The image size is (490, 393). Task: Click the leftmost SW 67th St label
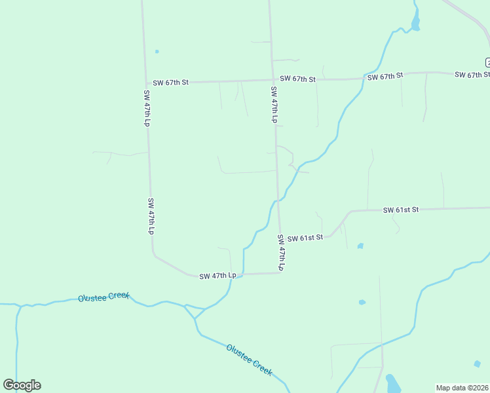[x=170, y=83]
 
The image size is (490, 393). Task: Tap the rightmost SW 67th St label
[x=472, y=75]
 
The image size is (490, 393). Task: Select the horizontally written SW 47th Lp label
[x=217, y=276]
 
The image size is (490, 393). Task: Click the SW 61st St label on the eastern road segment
[x=401, y=210]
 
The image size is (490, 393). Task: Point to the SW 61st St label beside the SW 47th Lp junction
[x=305, y=237]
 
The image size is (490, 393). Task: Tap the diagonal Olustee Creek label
[x=249, y=360]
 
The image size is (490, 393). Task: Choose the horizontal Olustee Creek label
[x=104, y=297]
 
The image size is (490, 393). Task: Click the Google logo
[x=22, y=385]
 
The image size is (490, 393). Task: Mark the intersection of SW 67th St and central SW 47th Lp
[x=273, y=80]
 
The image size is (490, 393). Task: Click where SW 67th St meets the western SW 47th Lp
[x=145, y=83]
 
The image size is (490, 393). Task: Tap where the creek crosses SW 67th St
[x=364, y=78]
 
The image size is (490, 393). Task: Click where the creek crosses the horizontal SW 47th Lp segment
[x=243, y=274]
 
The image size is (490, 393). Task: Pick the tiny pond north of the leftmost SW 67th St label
[x=157, y=51]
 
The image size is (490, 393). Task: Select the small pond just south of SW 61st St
[x=360, y=246]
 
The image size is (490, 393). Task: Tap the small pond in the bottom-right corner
[x=477, y=364]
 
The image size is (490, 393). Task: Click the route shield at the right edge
[x=487, y=62]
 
